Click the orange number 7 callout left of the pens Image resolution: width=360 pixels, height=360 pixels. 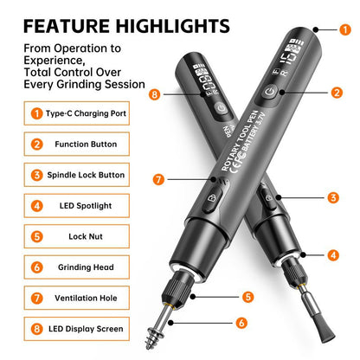tap(158, 179)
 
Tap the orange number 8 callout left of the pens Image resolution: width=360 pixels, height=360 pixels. tap(155, 94)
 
